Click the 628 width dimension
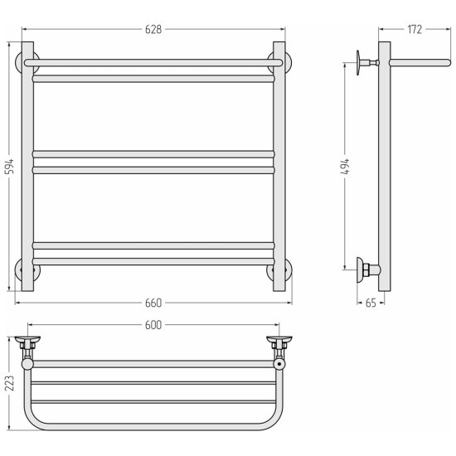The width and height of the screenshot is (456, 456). pos(153,29)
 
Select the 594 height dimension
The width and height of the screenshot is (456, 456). pos(10,167)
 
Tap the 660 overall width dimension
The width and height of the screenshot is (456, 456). pos(153,303)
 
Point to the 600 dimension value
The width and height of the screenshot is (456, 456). pos(153,325)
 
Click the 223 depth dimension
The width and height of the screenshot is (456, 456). pos(10,383)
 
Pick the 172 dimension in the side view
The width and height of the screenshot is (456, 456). pos(415,29)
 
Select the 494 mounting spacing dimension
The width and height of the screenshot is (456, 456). pos(346,167)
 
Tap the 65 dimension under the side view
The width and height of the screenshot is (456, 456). pos(371,303)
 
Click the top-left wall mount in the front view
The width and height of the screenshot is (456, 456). pos(18,62)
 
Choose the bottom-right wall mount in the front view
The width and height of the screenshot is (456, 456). pos(289,270)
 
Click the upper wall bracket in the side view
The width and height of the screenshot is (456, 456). pos(367,62)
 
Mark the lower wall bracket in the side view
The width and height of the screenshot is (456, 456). pos(368,269)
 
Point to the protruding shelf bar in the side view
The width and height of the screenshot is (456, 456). pos(420,62)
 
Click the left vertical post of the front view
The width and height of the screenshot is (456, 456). pos(27,167)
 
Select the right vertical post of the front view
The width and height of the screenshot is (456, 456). pos(279,167)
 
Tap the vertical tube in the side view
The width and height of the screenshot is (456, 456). pos(385,167)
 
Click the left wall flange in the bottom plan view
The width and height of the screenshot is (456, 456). pos(27,339)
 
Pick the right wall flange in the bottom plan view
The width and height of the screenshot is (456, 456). pos(279,339)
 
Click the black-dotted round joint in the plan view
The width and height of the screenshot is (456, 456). pos(279,364)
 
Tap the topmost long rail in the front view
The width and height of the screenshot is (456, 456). pos(153,62)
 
